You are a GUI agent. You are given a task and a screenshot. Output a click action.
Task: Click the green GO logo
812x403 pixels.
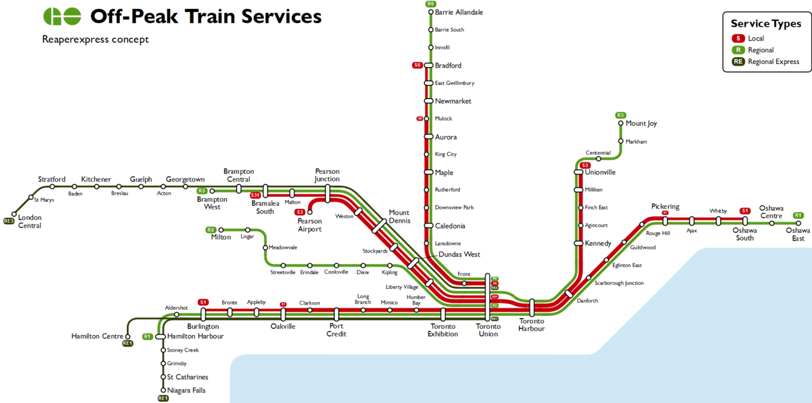tap(62, 17)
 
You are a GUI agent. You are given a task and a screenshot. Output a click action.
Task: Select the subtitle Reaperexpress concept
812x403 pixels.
tap(95, 39)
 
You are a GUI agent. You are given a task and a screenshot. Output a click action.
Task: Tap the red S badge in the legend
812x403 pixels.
tap(738, 39)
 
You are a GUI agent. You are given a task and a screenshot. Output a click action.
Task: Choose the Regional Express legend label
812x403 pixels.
tap(773, 62)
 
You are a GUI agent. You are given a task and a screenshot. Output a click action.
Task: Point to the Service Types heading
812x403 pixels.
tap(766, 23)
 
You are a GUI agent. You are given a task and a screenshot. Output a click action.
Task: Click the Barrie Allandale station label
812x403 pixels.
tap(459, 12)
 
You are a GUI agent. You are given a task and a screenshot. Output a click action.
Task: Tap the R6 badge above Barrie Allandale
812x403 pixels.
tap(431, 4)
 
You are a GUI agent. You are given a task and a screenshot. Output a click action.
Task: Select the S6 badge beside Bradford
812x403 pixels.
tap(417, 65)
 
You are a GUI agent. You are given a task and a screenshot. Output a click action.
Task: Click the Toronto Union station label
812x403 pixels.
tap(488, 330)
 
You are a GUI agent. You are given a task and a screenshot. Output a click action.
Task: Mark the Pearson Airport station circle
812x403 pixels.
tap(310, 213)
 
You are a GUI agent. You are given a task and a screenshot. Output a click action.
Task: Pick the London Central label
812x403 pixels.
tap(30, 221)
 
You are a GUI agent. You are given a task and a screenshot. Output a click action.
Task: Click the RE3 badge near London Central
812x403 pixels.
tap(9, 221)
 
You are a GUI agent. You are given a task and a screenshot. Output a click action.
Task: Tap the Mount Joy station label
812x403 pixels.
tap(641, 123)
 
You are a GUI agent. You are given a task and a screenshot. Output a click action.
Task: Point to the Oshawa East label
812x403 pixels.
tap(798, 234)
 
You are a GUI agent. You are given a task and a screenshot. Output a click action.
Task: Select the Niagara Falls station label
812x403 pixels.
tap(186, 390)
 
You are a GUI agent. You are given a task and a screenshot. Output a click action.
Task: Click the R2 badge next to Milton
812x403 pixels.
tap(211, 230)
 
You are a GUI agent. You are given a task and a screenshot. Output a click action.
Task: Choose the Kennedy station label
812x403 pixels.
tap(598, 243)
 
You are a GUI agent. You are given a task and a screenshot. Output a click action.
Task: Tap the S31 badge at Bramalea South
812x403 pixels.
tap(255, 195)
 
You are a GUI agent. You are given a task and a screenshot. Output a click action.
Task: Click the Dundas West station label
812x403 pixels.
tap(459, 254)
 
